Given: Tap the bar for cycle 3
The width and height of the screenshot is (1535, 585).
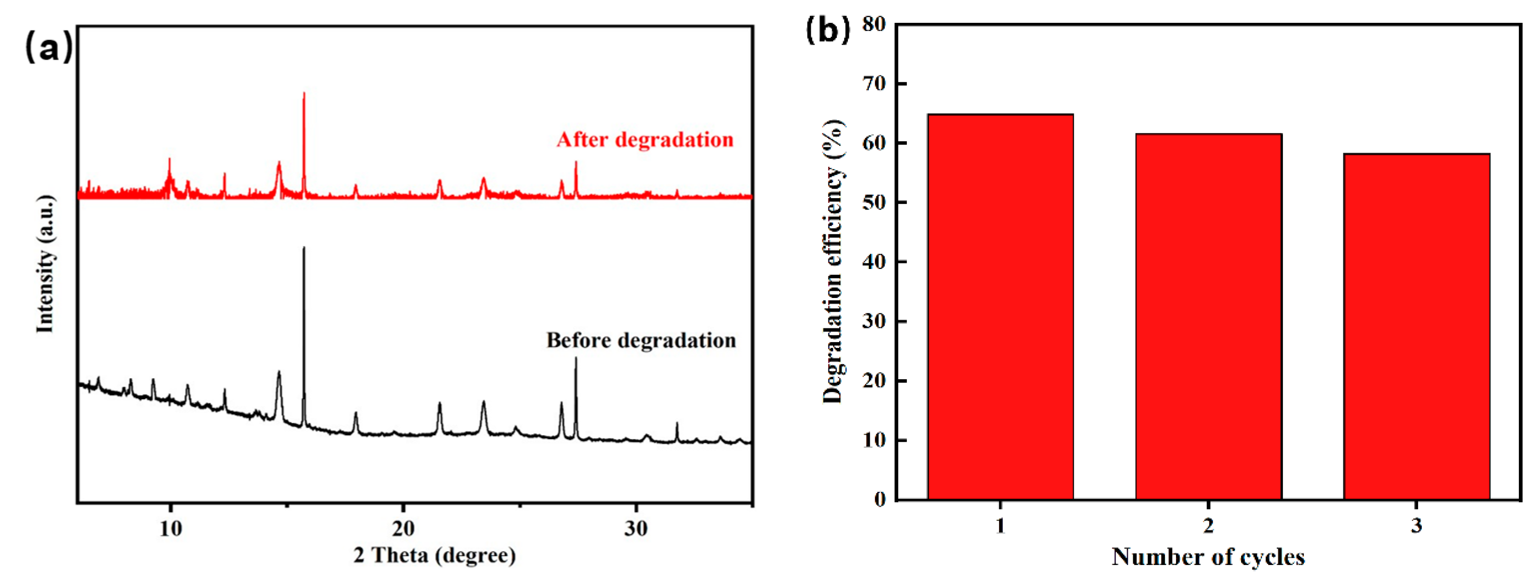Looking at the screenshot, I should point(1417,326).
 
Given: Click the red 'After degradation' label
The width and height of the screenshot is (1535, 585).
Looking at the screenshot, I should point(645,139).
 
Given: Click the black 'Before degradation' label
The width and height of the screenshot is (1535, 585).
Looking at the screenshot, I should point(641,340).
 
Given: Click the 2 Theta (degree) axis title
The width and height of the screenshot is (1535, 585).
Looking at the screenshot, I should point(435,555).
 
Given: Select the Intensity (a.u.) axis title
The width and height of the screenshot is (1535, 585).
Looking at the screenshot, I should point(45,264).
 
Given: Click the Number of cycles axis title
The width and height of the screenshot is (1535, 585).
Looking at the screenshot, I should point(1208,556).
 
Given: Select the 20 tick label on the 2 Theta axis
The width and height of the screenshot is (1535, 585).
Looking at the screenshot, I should point(403,528).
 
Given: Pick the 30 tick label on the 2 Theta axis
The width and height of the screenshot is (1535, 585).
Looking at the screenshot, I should point(636,528).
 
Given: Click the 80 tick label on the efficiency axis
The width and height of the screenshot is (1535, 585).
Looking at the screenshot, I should point(874,24).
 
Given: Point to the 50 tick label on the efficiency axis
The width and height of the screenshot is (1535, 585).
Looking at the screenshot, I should point(874,202).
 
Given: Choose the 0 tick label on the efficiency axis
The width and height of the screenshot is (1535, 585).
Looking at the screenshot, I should point(880,499).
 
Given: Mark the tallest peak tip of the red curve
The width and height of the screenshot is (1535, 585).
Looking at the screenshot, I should point(304,94).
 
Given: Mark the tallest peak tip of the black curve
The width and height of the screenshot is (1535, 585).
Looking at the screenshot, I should point(304,248).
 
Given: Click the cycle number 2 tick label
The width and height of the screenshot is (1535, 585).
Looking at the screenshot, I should point(1208,526).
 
